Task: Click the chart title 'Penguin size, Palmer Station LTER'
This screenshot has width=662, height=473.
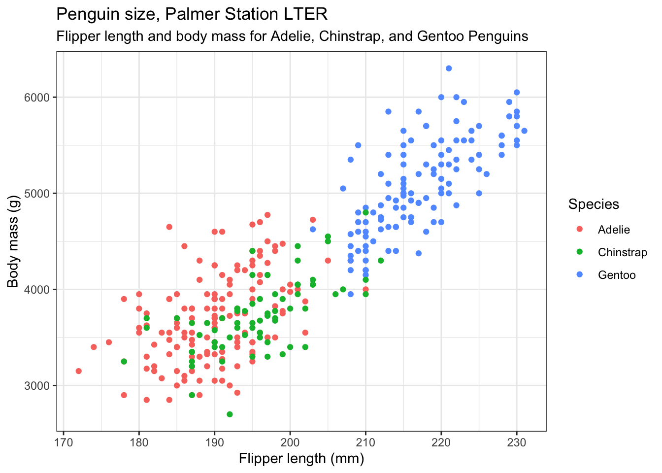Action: point(192,14)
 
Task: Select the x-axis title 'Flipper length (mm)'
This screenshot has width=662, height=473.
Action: point(301,459)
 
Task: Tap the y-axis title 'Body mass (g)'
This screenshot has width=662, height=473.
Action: point(13,241)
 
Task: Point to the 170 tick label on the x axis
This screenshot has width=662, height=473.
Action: point(64,442)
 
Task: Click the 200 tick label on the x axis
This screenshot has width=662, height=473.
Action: point(290,442)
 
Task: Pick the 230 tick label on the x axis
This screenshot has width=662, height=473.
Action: point(517,442)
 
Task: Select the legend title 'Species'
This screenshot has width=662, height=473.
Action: point(593,204)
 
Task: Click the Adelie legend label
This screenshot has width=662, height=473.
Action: point(614,230)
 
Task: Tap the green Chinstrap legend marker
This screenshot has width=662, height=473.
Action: point(579,252)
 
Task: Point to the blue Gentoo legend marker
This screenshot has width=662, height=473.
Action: point(579,275)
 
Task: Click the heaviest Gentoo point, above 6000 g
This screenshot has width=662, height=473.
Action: point(449,68)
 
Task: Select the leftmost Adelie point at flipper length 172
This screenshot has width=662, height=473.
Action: point(79,371)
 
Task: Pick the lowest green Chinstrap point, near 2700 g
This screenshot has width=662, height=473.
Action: point(230,414)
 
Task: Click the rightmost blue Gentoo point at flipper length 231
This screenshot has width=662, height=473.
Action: point(524,131)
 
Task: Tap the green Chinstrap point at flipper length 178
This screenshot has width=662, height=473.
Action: point(124,362)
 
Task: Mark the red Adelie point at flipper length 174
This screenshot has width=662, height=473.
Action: point(94,347)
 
